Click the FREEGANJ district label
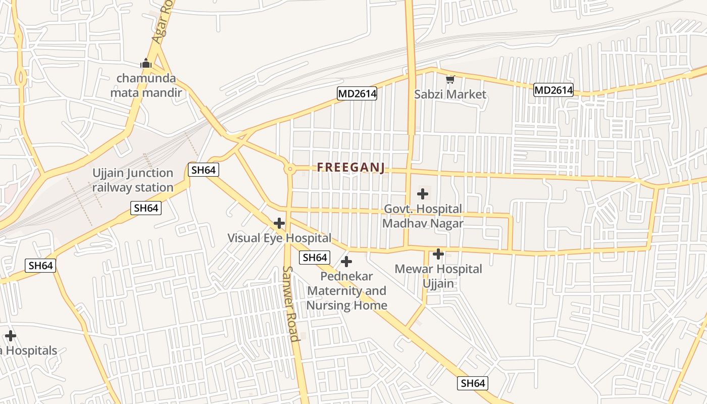click(x=351, y=168)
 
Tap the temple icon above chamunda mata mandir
click(x=146, y=64)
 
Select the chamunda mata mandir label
click(x=146, y=85)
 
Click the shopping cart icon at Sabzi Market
click(x=450, y=79)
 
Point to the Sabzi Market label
click(x=450, y=94)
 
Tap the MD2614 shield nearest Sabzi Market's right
click(x=553, y=90)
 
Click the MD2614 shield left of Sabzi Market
click(x=357, y=93)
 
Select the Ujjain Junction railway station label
click(x=133, y=180)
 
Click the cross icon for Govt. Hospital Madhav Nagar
click(x=423, y=193)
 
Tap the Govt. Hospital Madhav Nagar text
click(x=423, y=216)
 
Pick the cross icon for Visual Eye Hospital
click(x=279, y=223)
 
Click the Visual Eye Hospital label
click(x=279, y=238)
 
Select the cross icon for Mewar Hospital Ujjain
click(x=438, y=254)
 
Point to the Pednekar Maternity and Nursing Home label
click(x=347, y=291)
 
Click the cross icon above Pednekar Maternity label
click(x=346, y=262)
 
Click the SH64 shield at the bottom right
click(x=473, y=383)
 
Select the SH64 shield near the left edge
click(x=40, y=266)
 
